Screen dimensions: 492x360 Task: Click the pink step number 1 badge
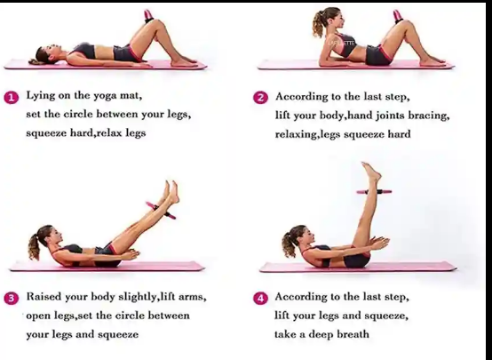(x=12, y=98)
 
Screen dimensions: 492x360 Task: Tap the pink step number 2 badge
(x=260, y=98)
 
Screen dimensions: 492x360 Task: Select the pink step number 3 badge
(x=12, y=298)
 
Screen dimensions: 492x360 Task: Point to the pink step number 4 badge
(x=260, y=298)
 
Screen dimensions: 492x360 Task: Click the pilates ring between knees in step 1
(x=147, y=16)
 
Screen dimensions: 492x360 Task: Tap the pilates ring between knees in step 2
(x=398, y=16)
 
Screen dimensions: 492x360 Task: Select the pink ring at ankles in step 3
(x=161, y=210)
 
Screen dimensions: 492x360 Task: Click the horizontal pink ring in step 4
(x=374, y=192)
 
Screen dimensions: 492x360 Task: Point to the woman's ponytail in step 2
(x=318, y=24)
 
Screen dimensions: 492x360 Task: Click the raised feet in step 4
(x=371, y=172)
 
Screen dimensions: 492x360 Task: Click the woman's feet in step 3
(x=171, y=192)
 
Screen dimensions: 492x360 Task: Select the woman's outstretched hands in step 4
(x=379, y=243)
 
